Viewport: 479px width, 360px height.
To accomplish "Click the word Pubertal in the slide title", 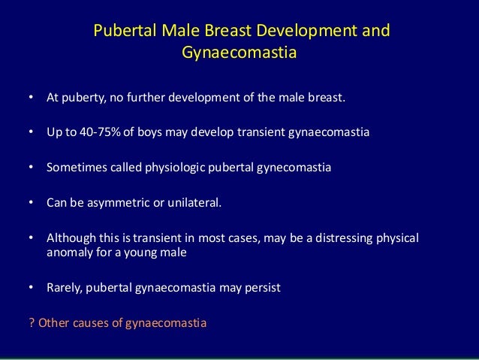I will tap(121, 32).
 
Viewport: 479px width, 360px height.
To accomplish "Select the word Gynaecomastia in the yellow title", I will tap(239, 53).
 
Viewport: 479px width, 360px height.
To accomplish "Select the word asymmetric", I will tap(113, 202).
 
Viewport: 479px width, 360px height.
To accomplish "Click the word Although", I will tap(70, 237).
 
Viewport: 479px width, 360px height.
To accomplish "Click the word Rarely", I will tap(65, 287).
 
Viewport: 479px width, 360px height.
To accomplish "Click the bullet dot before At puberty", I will tap(31, 98).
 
